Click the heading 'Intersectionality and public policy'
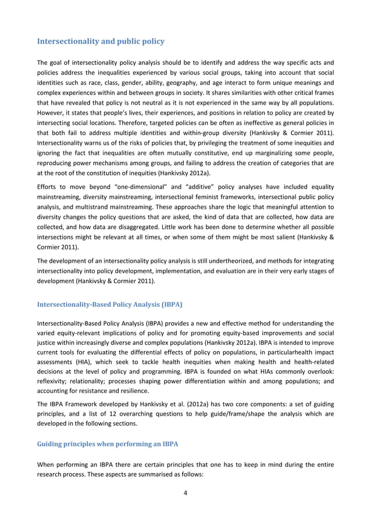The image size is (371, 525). [101, 41]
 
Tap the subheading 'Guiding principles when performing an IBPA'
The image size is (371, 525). [107, 444]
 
